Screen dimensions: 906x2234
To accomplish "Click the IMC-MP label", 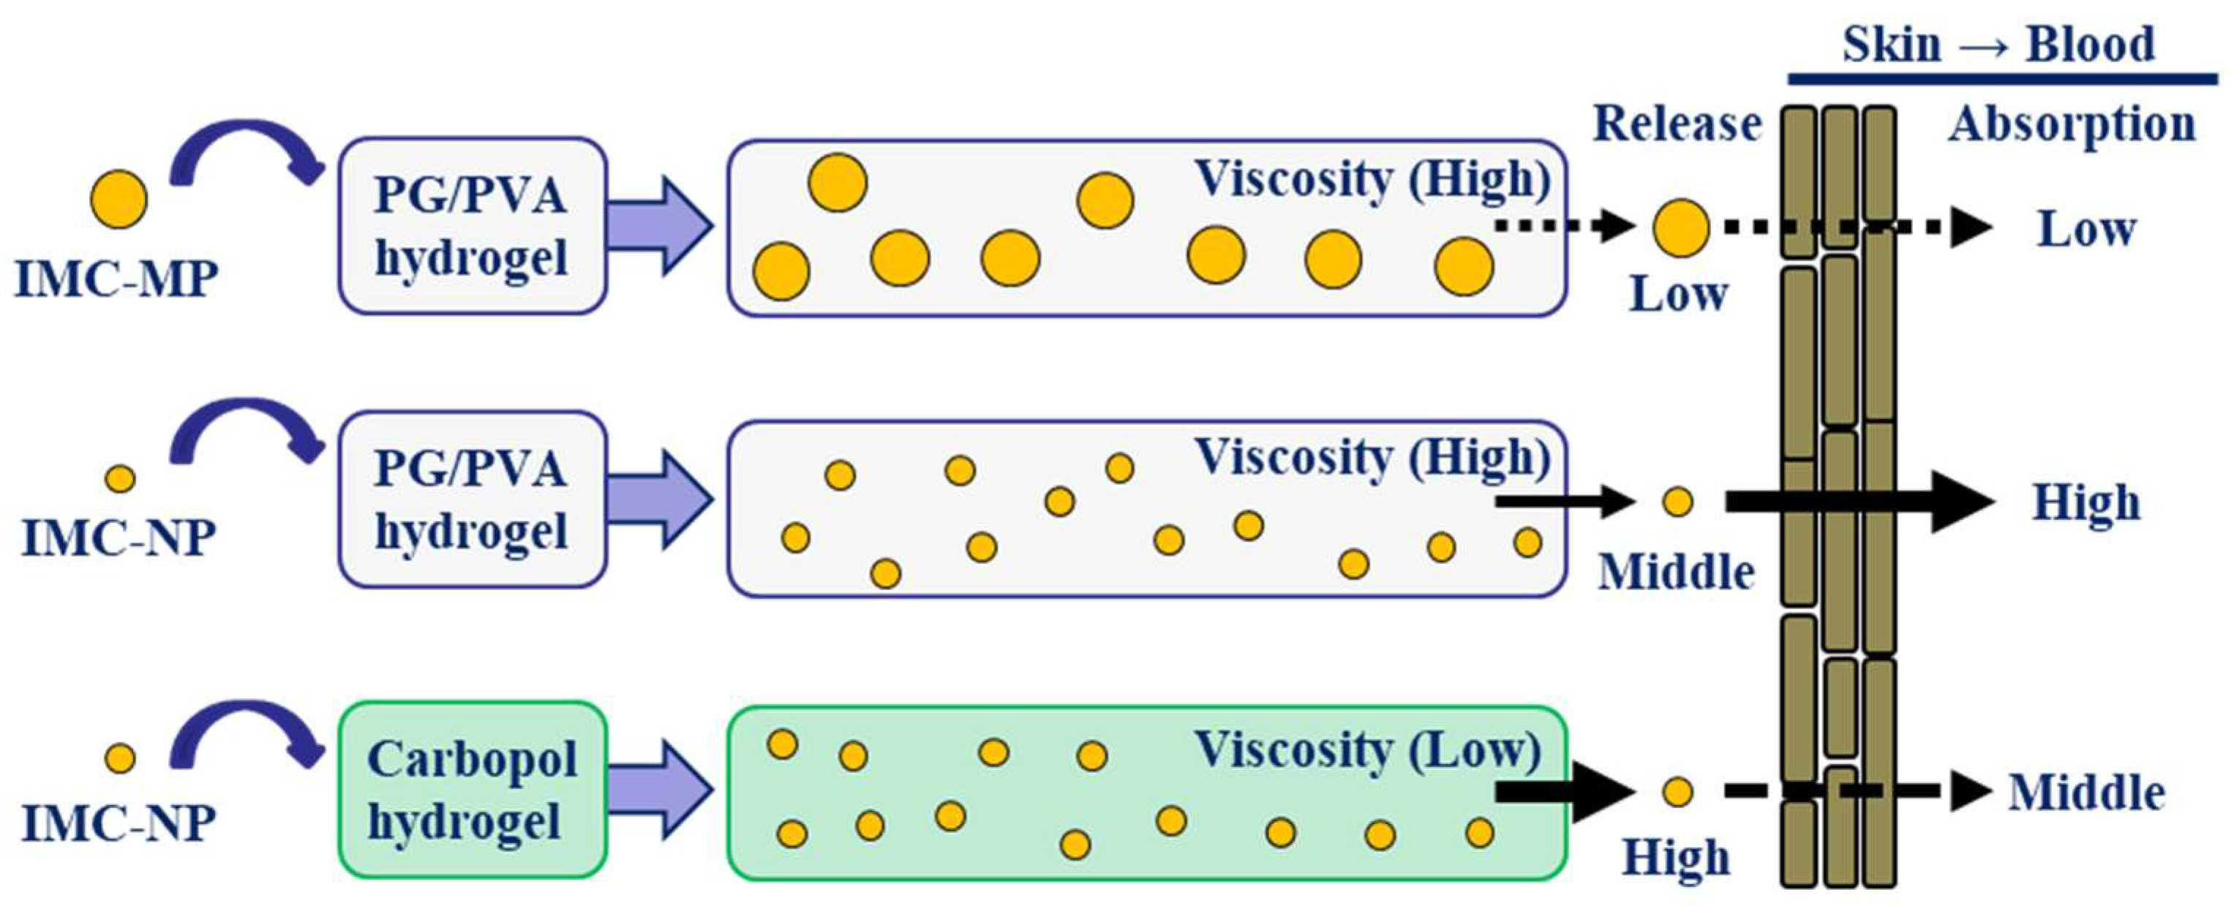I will pos(116,279).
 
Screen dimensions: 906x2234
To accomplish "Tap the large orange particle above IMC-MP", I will pos(119,199).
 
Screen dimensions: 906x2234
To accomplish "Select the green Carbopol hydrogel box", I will pos(472,789).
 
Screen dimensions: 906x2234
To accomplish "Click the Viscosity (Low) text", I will pos(1369,751).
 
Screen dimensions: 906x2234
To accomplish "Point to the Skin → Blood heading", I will pos(1998,45).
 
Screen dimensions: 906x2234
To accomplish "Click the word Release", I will pos(1677,124).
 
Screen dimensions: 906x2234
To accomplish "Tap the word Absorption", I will pos(2072,124).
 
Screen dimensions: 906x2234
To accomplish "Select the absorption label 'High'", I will pos(2086,503).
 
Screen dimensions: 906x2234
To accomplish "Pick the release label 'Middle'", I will pos(1677,573).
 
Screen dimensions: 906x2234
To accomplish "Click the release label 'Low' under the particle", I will pos(1679,294).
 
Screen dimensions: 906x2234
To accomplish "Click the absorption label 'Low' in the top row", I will pos(2086,230).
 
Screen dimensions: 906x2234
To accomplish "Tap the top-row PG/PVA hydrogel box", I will pos(472,225).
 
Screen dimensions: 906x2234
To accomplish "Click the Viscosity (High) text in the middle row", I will pos(1372,457).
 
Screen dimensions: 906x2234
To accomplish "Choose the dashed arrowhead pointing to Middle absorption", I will pos(1968,790).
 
